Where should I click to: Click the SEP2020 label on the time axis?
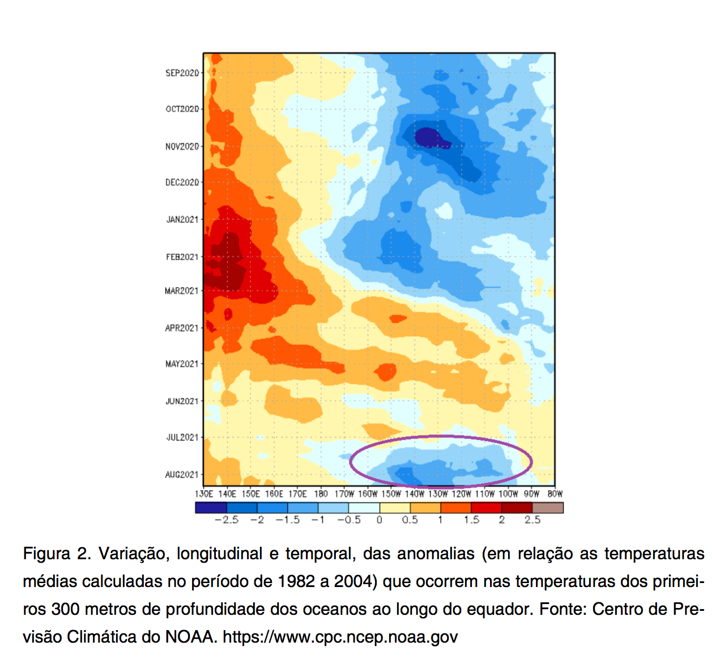[182, 73]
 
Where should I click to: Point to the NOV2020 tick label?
[182, 146]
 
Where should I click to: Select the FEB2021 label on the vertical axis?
[182, 257]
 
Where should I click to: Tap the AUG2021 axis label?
[182, 474]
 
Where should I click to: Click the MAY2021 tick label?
[182, 364]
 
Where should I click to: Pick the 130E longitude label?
[204, 494]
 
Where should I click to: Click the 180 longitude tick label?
[321, 494]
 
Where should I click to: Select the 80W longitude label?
[555, 494]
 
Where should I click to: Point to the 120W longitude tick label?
[462, 494]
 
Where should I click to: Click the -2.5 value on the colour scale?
[227, 520]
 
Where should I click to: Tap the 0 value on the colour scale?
[380, 520]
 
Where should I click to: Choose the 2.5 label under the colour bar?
[533, 520]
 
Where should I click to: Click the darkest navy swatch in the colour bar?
[211, 508]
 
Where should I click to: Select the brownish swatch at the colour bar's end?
[548, 508]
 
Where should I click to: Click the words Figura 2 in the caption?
[57, 554]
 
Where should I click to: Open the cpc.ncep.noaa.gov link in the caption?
[340, 637]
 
